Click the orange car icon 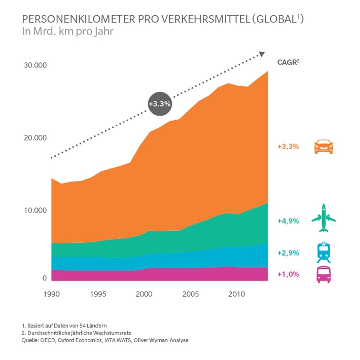click(x=323, y=147)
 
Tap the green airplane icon click(x=323, y=218)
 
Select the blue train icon click(x=323, y=251)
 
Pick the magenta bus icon click(x=323, y=274)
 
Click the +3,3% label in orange click(x=288, y=147)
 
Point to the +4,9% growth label click(x=288, y=221)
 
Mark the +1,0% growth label click(x=288, y=274)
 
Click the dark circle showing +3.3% click(x=160, y=103)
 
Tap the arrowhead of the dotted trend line click(x=262, y=54)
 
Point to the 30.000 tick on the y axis click(x=34, y=65)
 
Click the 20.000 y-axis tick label click(x=34, y=138)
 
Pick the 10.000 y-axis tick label click(x=34, y=210)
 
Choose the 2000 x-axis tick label click(x=144, y=294)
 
